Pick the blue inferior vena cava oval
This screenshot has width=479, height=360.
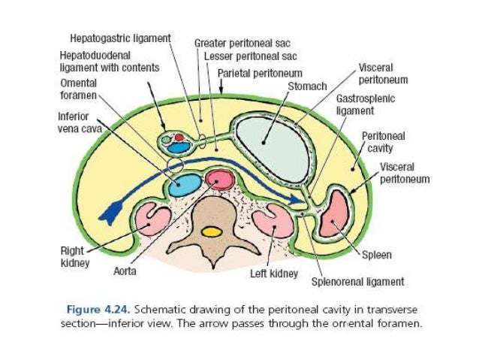coord(184,185)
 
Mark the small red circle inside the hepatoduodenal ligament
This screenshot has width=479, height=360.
coord(179,138)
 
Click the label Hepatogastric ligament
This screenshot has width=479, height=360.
coord(120,37)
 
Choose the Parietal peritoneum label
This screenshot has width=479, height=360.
coord(260,74)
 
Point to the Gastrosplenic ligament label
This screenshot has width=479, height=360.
coord(365,104)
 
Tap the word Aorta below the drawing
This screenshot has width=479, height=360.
coord(124,271)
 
